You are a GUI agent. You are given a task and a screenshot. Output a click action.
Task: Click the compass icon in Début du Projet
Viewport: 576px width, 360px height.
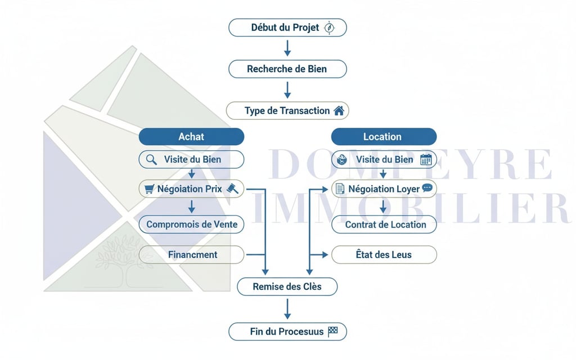330,28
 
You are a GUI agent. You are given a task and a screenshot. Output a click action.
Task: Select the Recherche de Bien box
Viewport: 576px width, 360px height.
287,69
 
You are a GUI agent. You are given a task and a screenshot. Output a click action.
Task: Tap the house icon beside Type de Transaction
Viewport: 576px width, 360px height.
339,111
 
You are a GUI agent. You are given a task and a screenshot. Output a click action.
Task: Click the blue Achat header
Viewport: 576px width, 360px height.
191,137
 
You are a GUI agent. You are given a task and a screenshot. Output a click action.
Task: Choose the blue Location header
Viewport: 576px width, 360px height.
383,137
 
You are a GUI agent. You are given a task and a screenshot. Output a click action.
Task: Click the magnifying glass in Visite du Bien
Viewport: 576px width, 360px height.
151,160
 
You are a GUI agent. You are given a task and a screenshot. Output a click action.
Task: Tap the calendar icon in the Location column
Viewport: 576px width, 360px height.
426,160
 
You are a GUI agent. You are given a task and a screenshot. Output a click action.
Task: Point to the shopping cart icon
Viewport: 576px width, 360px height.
149,189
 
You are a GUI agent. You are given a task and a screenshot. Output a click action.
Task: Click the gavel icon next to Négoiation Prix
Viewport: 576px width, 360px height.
232,189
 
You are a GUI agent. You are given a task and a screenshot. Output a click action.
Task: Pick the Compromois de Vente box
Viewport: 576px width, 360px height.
191,224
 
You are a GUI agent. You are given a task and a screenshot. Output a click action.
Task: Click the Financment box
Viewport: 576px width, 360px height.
191,255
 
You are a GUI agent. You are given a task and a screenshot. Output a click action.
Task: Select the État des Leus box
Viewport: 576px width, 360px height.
384,255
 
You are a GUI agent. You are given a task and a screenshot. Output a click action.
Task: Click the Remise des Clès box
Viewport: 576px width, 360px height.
287,287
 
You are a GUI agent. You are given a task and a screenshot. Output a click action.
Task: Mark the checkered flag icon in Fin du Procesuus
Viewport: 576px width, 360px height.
333,331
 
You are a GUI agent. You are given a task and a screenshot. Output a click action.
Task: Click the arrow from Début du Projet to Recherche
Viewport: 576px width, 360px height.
287,48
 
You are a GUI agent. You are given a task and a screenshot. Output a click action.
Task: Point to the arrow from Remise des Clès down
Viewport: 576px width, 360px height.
287,309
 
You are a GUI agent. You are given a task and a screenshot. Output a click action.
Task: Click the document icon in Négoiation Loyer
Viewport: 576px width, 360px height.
340,189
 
